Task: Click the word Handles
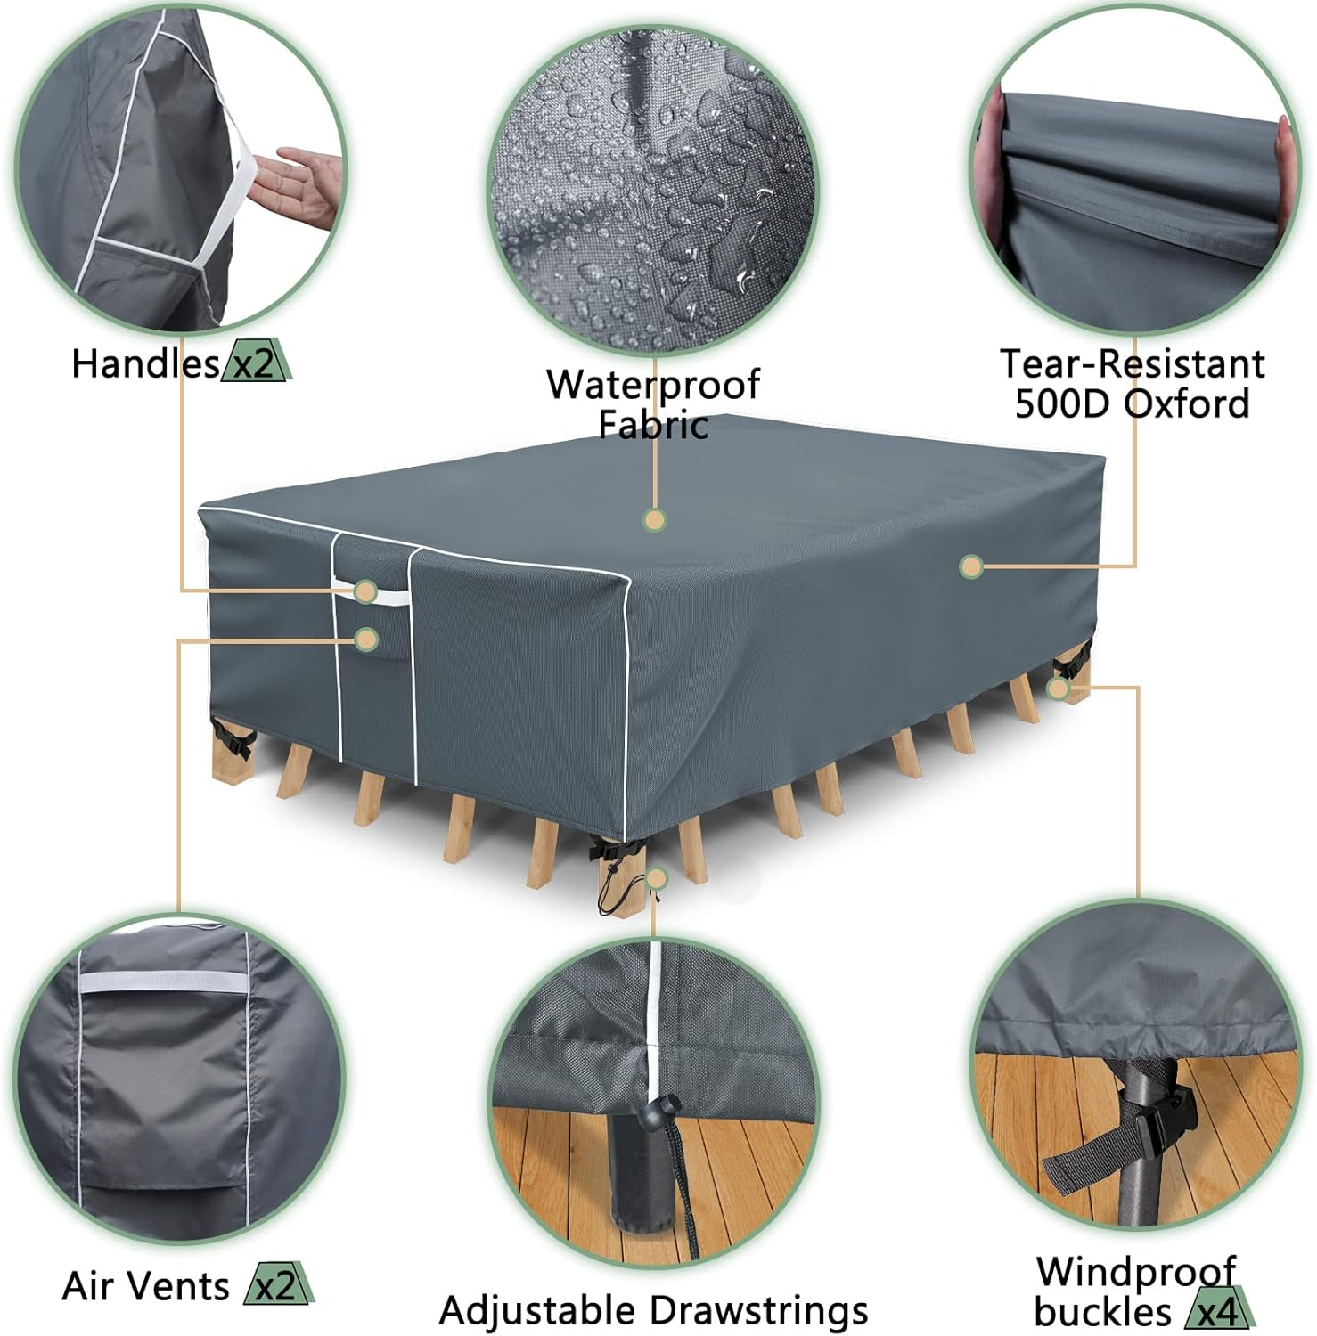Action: point(145,364)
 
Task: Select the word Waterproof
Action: point(652,385)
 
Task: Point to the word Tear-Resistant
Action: point(1132,364)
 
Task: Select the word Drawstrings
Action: point(758,1311)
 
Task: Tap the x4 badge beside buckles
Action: point(1219,1312)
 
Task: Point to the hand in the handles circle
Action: point(295,185)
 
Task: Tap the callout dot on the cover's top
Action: point(655,520)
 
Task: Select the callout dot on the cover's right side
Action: point(971,566)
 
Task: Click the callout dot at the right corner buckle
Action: point(1058,688)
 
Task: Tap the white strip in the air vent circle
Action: point(162,982)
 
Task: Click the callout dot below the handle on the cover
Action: point(365,639)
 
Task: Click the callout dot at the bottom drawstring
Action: point(657,880)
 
